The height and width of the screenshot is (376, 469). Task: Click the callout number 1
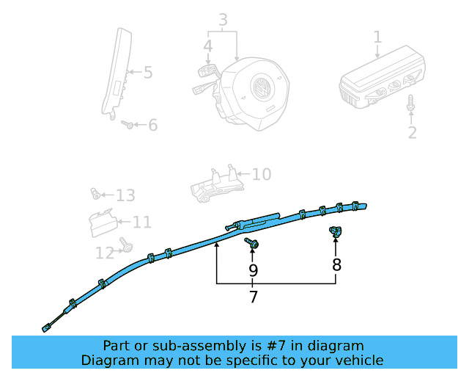click(x=378, y=37)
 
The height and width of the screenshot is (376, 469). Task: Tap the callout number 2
click(x=412, y=132)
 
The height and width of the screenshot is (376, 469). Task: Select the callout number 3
click(x=223, y=20)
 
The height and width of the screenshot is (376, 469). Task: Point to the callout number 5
click(x=148, y=73)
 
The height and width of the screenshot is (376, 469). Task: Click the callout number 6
click(x=153, y=125)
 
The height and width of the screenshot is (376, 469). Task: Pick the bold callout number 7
click(x=254, y=297)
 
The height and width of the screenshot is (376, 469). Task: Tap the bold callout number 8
click(x=336, y=265)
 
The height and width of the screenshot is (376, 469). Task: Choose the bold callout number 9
click(x=253, y=270)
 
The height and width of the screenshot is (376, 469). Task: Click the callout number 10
click(x=262, y=174)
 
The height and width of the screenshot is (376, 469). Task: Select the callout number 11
click(x=142, y=223)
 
